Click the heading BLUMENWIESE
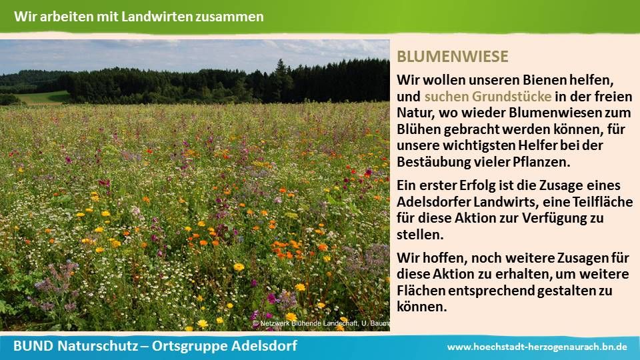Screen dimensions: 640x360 453,56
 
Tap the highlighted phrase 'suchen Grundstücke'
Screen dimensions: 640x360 488,96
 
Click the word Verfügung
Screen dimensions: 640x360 552,218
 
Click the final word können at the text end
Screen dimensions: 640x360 421,307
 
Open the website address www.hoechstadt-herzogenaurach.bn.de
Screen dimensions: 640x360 537,347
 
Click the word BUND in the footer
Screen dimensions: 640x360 33,346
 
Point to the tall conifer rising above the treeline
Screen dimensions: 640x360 280,69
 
